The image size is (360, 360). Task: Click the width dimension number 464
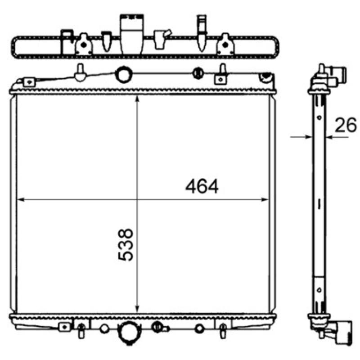pos(202,186)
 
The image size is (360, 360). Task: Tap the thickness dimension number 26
pos(345,125)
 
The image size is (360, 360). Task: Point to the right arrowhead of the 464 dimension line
pos(265,199)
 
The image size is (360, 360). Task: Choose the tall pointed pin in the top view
pos(202,31)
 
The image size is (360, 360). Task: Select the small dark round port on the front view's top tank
pos(197,73)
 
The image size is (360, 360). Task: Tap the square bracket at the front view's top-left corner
pos(29,81)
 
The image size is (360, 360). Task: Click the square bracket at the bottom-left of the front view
pos(65,326)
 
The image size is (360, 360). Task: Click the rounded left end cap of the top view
pos(16,46)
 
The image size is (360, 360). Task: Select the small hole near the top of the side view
pos(319,118)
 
